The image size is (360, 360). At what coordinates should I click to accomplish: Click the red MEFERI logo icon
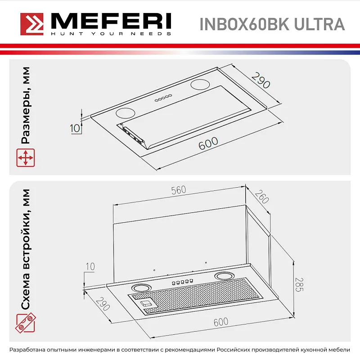coord(31,23)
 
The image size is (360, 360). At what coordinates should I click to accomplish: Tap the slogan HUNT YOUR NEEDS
coord(110,34)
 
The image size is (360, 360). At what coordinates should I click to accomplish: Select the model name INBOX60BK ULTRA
coord(274,24)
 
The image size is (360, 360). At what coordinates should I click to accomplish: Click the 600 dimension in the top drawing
coord(208,144)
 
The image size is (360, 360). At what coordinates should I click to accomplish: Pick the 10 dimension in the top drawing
coord(75,128)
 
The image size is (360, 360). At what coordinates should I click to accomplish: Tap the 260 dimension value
coord(261,198)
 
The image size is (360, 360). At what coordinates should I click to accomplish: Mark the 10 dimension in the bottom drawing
coord(90,266)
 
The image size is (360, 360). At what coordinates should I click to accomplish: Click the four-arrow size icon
coord(25,158)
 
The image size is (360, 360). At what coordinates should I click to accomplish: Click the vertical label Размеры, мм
coord(26,105)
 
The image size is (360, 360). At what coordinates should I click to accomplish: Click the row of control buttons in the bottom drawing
coord(182,282)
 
